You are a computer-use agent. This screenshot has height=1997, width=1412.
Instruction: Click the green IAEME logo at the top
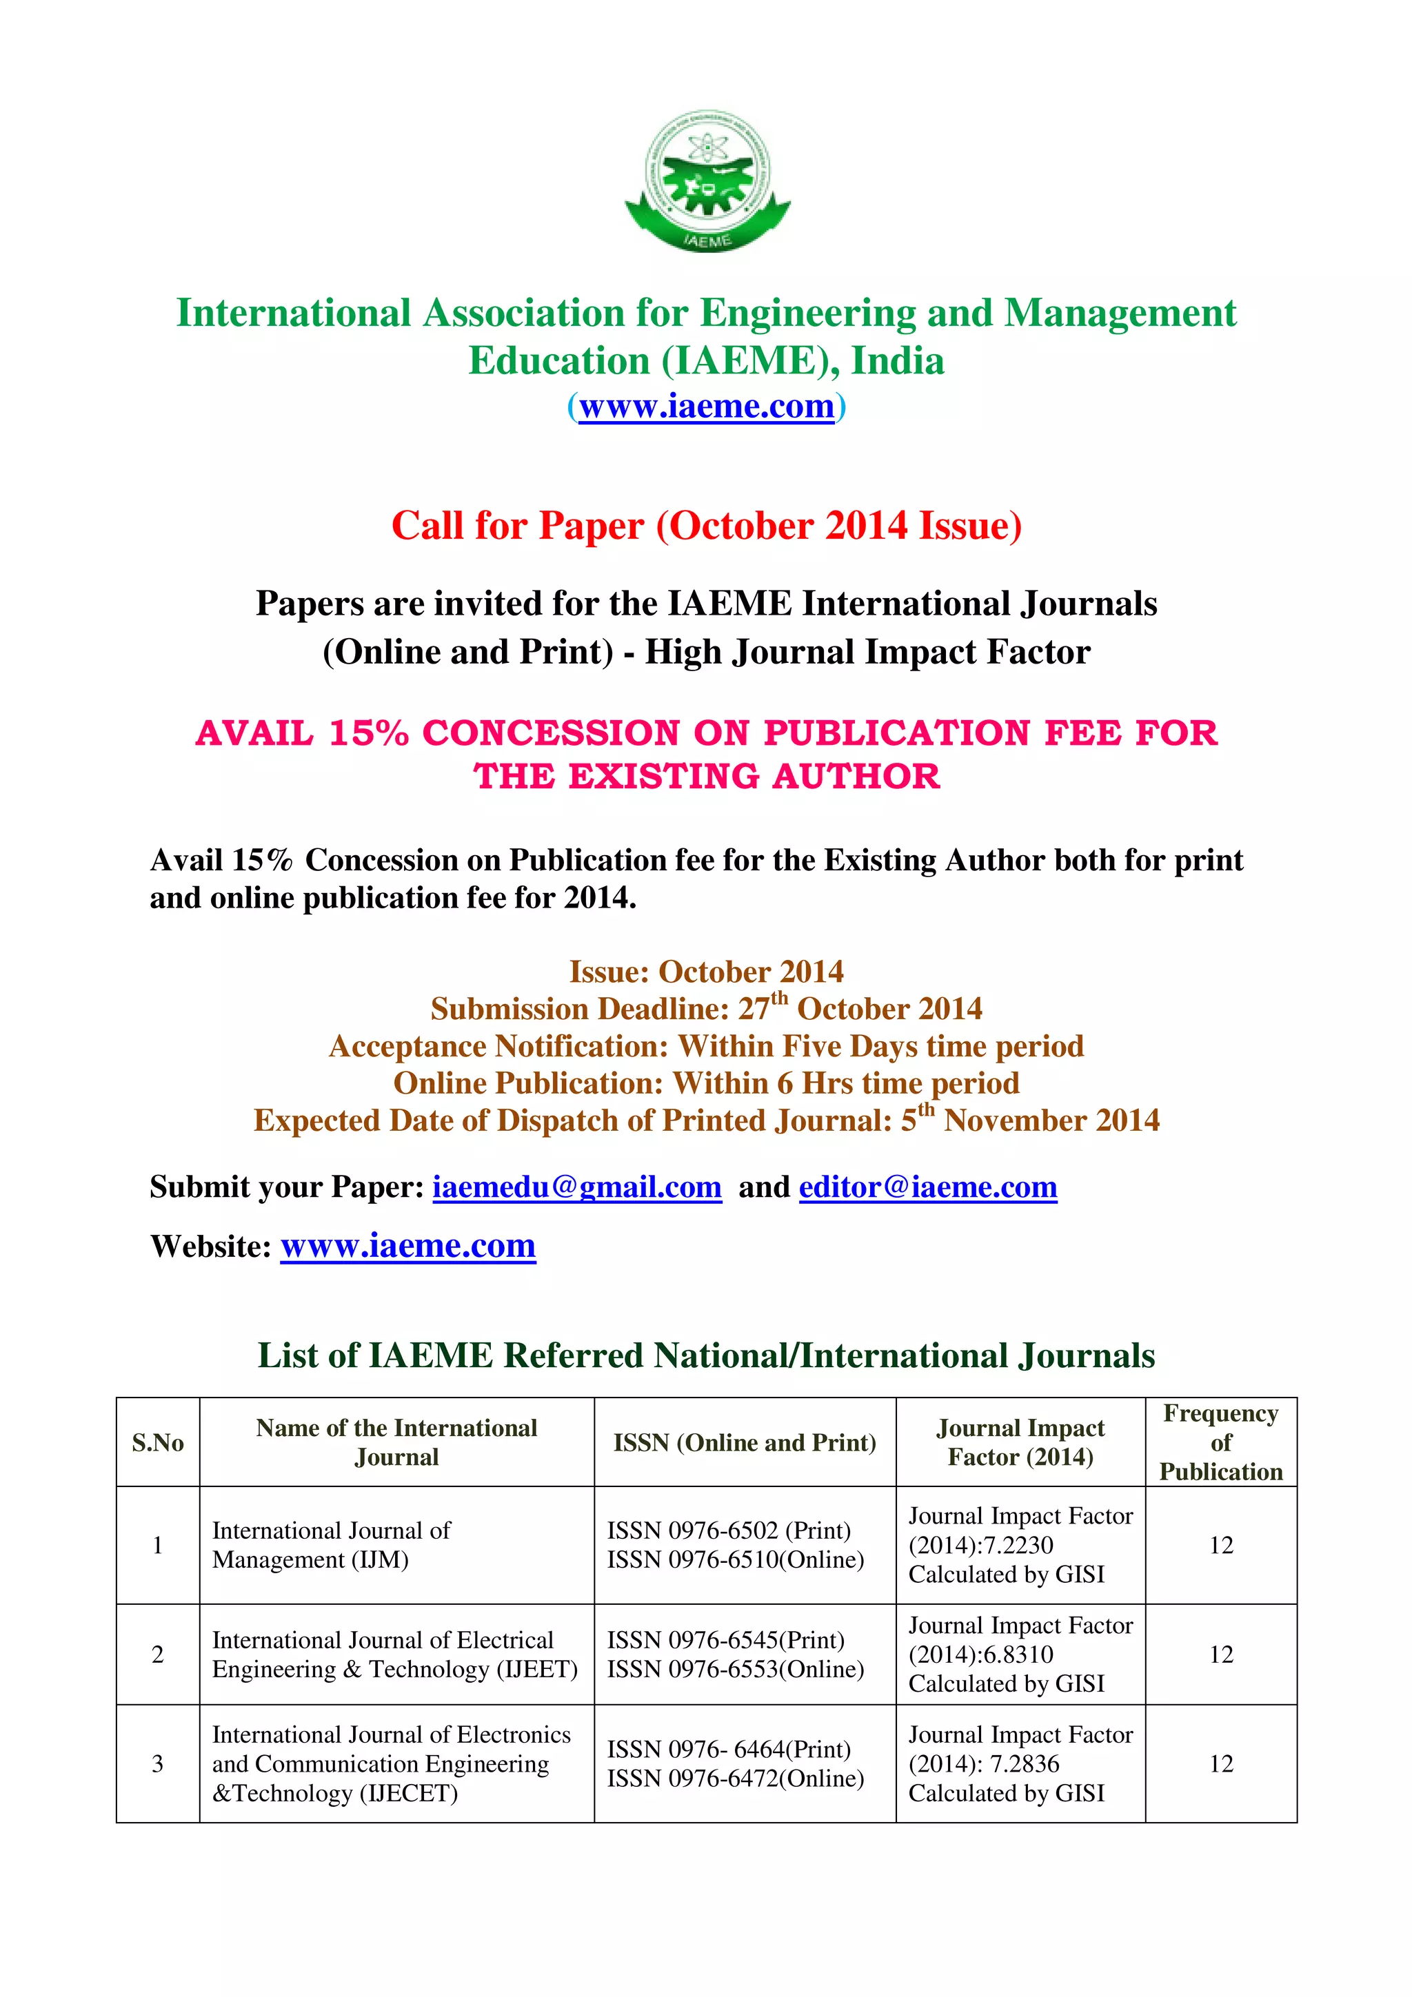707,182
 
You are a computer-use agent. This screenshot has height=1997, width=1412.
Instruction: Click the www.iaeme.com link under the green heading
707,406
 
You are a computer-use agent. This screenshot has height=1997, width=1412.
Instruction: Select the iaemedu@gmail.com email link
577,1187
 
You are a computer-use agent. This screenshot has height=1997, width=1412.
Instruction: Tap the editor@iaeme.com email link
927,1187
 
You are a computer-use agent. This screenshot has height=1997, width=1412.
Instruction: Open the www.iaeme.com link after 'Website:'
407,1245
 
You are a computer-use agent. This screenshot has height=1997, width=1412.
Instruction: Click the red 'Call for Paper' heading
707,525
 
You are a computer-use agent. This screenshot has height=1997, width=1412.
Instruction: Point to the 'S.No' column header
157,1443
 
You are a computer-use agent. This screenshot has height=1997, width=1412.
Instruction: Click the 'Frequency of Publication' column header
1220,1442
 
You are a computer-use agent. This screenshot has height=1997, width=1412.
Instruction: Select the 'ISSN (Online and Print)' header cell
745,1443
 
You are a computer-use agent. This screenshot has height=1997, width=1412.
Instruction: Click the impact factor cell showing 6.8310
1020,1655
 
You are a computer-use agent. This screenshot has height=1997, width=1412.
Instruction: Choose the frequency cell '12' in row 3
1220,1764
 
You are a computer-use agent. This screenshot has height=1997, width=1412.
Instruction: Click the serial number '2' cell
157,1655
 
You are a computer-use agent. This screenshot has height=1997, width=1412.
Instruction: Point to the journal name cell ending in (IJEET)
395,1655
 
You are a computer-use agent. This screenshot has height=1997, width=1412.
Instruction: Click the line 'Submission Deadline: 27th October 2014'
707,1009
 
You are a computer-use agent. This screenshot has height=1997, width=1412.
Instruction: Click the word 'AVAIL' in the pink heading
254,733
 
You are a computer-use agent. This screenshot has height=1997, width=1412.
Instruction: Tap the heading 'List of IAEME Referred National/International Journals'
707,1355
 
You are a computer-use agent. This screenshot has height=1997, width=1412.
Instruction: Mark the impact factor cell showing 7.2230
1020,1545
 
